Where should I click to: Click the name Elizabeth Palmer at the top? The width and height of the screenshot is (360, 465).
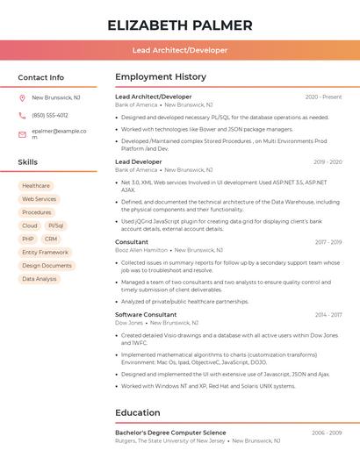click(180, 25)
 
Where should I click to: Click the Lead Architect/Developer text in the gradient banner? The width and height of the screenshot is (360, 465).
click(180, 50)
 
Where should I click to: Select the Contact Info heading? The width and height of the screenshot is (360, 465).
click(40, 77)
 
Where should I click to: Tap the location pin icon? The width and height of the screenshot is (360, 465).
click(22, 98)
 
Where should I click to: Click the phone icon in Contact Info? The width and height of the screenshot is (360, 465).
click(22, 115)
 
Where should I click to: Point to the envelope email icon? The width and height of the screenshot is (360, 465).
click(22, 133)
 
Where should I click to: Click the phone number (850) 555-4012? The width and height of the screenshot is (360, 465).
click(50, 115)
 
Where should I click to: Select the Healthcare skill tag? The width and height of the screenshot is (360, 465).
click(36, 186)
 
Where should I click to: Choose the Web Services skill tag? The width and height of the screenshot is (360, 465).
click(39, 199)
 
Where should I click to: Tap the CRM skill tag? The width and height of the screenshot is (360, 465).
click(51, 239)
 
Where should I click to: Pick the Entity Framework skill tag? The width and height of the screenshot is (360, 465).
click(45, 252)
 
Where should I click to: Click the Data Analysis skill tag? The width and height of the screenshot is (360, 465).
click(40, 279)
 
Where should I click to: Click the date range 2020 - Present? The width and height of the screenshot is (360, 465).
click(323, 97)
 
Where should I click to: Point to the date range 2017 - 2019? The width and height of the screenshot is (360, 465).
click(328, 242)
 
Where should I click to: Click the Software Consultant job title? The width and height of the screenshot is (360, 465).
click(146, 314)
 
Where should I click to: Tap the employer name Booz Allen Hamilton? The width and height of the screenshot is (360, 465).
click(141, 250)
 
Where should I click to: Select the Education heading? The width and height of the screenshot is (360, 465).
click(138, 412)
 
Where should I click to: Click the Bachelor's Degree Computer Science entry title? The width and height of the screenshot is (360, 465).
click(170, 433)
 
